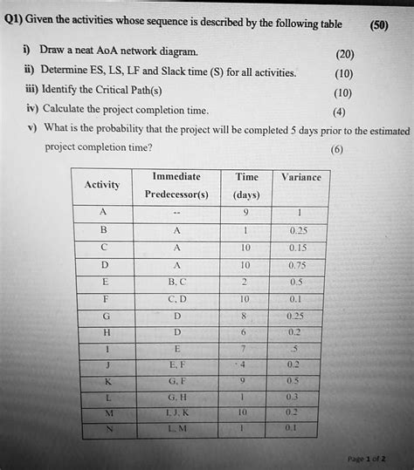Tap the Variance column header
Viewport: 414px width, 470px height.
[301, 176]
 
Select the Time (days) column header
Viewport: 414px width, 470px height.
[246, 186]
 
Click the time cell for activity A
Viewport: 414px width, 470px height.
[246, 214]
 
